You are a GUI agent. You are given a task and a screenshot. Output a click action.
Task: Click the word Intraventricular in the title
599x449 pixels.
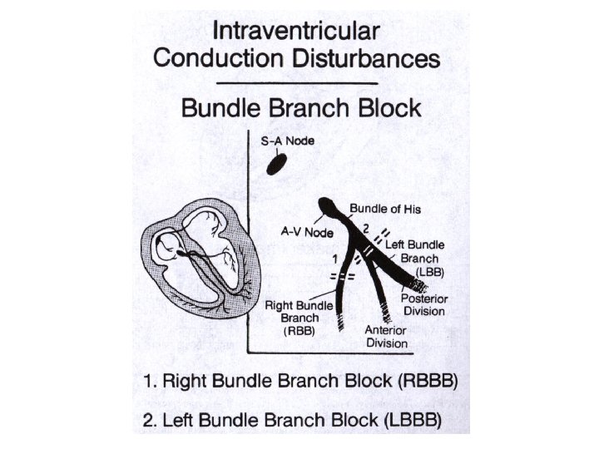296,33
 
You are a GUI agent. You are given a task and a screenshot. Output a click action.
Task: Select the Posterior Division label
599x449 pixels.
423,305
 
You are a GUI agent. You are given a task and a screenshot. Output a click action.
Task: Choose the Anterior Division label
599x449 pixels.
386,336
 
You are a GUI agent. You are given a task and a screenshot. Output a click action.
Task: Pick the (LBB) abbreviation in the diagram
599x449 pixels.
433,272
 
